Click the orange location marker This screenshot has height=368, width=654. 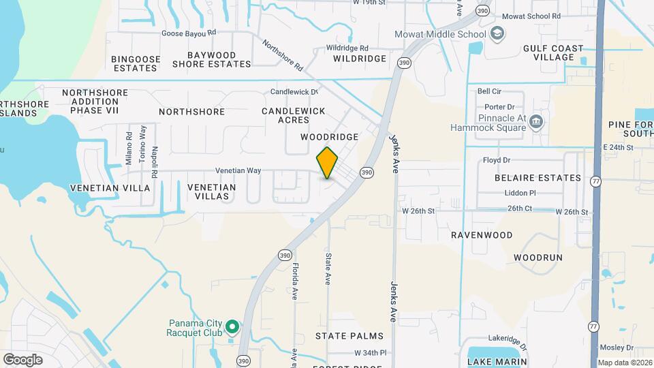(327, 162)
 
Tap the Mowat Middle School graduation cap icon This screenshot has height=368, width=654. (498, 33)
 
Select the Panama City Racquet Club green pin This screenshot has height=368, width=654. (232, 327)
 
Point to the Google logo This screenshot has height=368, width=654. (22, 359)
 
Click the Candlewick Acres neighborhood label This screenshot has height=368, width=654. (293, 115)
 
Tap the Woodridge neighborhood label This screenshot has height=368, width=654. (330, 137)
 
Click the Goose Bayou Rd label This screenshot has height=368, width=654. (189, 32)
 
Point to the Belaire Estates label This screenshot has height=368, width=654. (538, 178)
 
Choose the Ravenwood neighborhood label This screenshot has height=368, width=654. (482, 235)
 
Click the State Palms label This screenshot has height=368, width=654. (349, 336)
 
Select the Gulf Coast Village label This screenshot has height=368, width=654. (553, 52)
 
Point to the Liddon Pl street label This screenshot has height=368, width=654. (520, 193)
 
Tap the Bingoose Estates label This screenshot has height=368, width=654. (136, 63)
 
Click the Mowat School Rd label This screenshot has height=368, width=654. (531, 16)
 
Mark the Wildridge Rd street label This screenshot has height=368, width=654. (347, 48)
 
